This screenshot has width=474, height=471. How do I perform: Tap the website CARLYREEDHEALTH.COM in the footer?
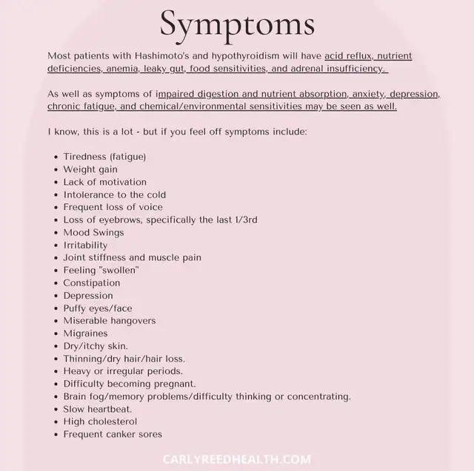[x=237, y=459]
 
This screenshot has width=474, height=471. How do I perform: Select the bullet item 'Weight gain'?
[x=90, y=169]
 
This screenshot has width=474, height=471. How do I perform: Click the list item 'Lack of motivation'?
[x=104, y=182]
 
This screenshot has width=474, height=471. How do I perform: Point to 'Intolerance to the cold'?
[x=114, y=194]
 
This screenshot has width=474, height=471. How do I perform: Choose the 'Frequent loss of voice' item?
[x=113, y=207]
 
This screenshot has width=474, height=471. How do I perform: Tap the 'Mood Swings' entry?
[x=93, y=232]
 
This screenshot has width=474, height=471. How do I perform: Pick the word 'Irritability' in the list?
[x=85, y=245]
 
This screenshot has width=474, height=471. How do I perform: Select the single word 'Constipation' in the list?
[x=91, y=282]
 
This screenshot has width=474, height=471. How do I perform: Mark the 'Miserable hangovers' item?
[x=109, y=320]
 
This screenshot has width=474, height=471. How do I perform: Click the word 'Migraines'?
[x=85, y=333]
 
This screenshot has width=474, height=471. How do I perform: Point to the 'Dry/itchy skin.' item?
[x=96, y=345]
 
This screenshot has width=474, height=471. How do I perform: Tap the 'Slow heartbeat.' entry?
[x=98, y=409]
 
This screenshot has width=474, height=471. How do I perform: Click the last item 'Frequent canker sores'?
[x=113, y=434]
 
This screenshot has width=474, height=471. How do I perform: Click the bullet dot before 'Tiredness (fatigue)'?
[x=56, y=157]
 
